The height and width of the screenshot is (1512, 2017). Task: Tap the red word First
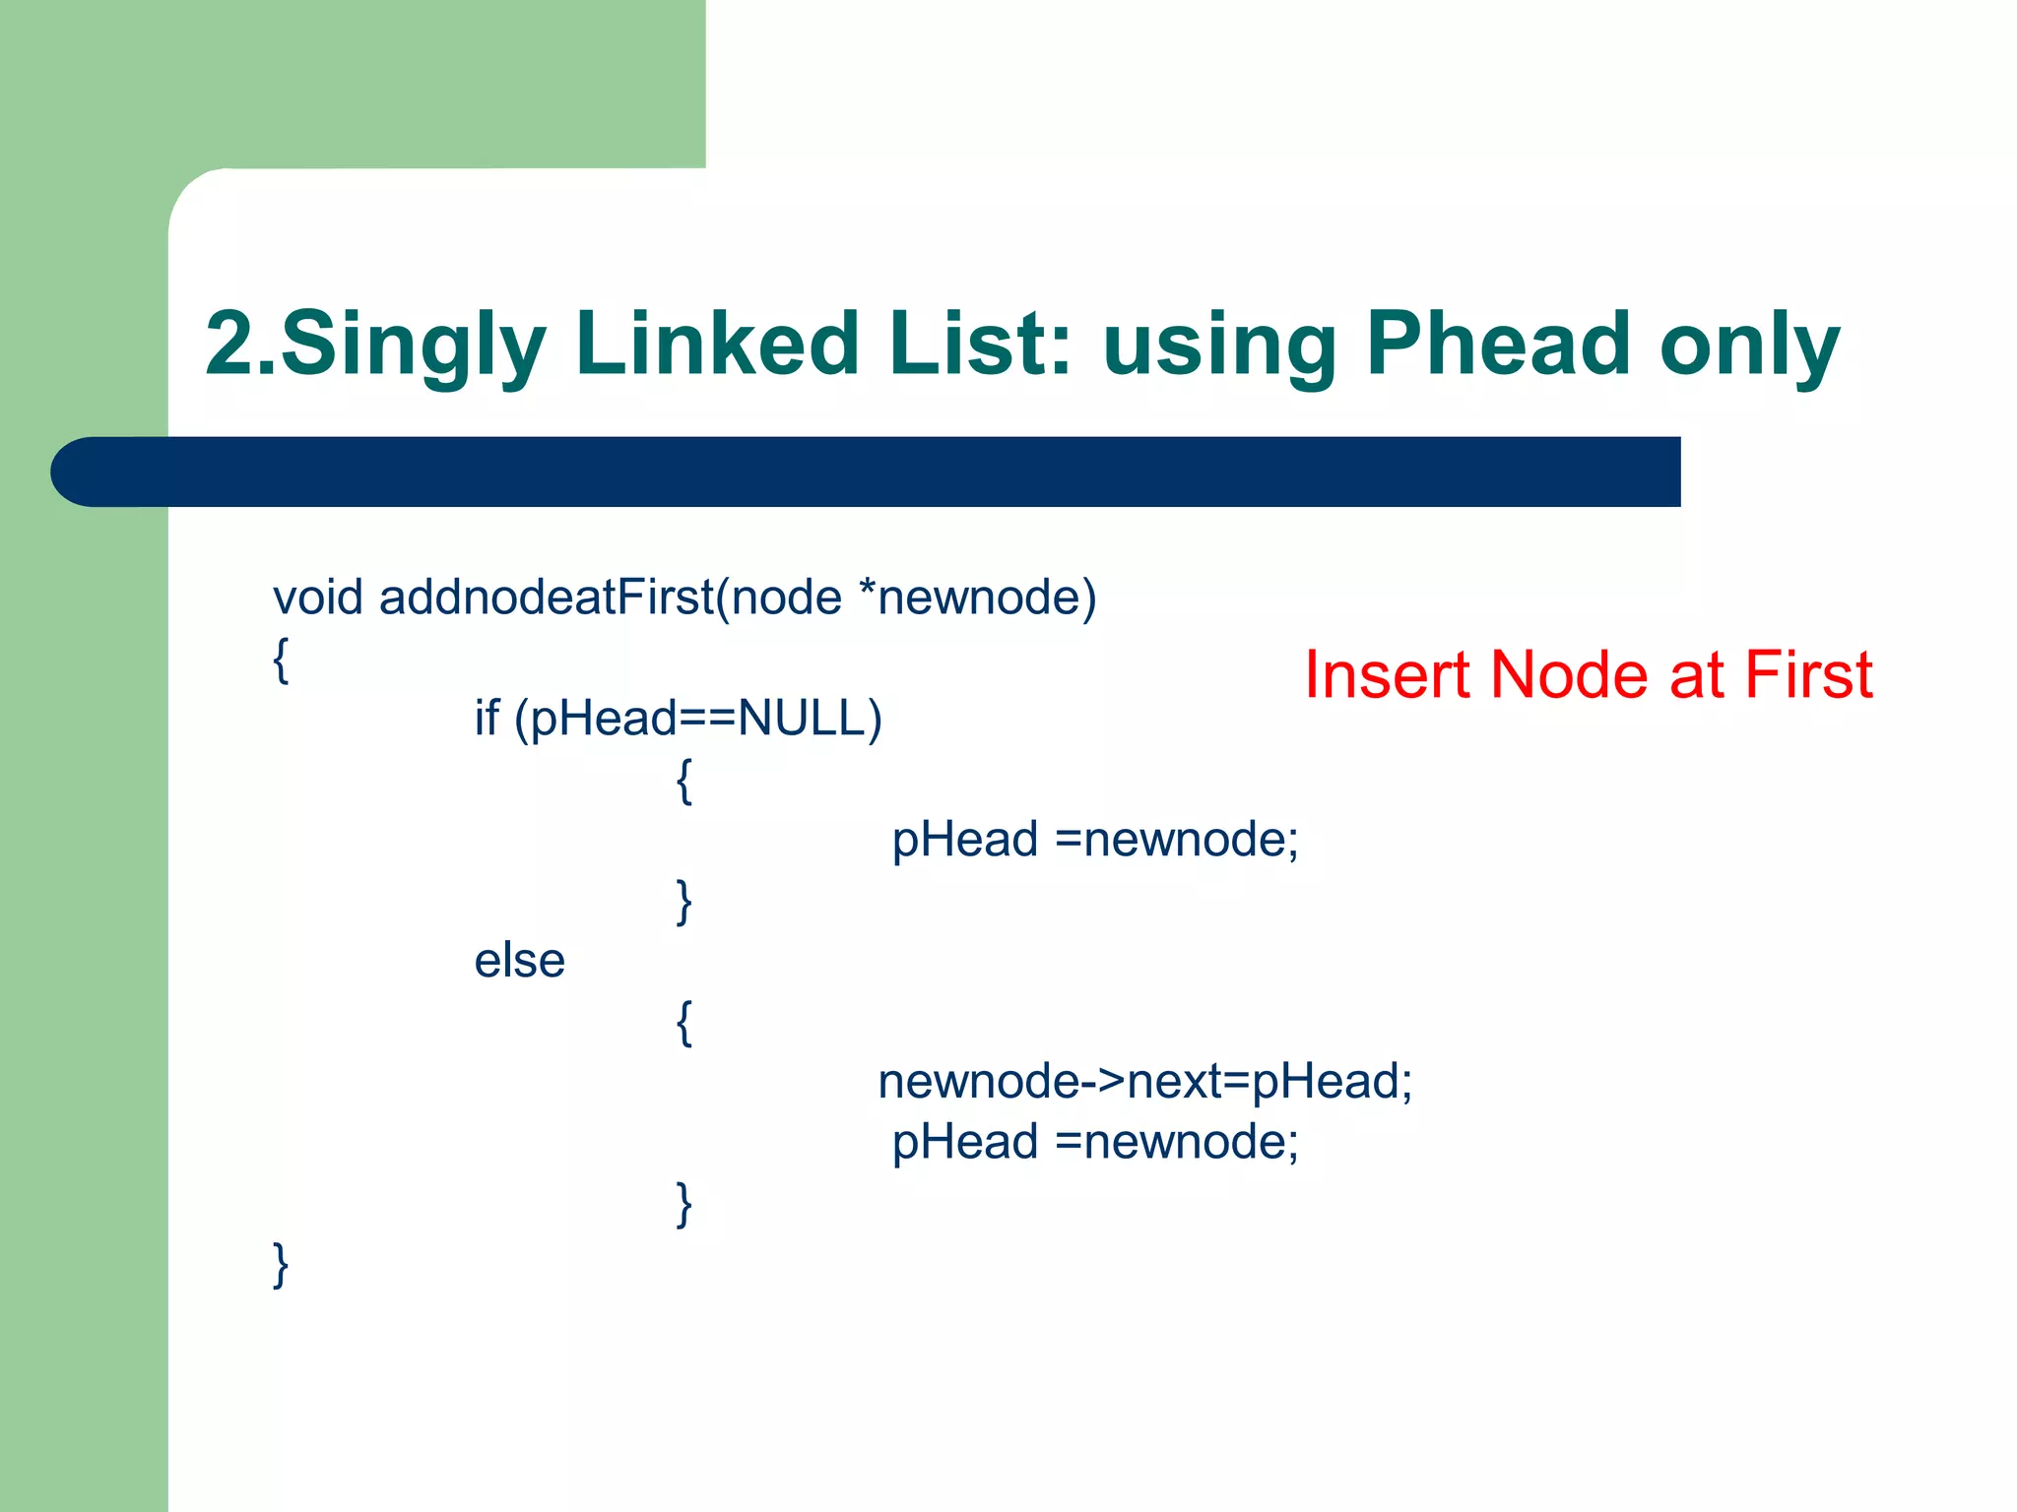coord(1808,675)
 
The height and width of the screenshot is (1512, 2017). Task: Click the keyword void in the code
coord(317,598)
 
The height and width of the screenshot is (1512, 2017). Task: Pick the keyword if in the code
coord(487,718)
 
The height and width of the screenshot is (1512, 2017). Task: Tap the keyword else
coord(519,961)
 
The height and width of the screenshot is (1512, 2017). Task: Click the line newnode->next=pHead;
coord(1144,1082)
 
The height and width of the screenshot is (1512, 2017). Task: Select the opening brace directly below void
coord(281,660)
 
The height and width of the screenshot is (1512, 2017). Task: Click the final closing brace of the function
coord(281,1265)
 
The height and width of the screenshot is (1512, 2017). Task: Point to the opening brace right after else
coord(684,1023)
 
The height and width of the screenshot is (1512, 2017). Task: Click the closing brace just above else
coord(684,902)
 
